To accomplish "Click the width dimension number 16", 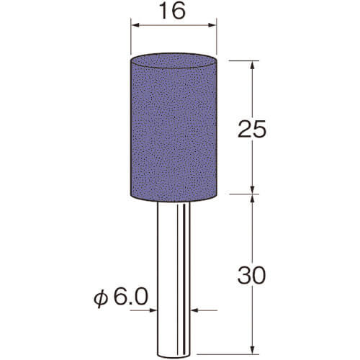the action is [174, 11].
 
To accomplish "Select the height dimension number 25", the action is [252, 129].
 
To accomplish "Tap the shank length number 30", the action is [252, 275].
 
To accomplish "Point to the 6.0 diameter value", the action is [130, 297].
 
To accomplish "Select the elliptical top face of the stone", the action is [174, 61].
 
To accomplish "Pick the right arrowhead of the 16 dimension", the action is [211, 25].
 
